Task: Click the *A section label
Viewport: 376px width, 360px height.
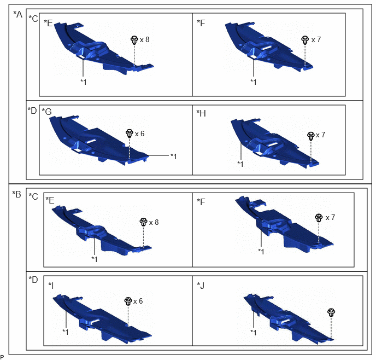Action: [x=17, y=14]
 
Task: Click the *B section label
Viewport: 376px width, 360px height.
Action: [x=17, y=194]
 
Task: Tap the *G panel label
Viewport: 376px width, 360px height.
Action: [x=46, y=112]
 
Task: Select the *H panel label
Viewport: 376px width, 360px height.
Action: [x=201, y=113]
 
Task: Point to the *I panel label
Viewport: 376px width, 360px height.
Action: [x=51, y=286]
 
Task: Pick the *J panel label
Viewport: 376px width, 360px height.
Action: [x=201, y=286]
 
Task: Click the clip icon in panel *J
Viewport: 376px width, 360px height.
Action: [x=331, y=312]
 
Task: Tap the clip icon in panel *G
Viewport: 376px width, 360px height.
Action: [x=130, y=133]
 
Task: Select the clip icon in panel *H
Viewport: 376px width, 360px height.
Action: [x=311, y=136]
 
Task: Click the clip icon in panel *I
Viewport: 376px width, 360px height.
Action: [x=128, y=301]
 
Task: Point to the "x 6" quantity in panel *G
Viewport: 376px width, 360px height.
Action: [x=139, y=133]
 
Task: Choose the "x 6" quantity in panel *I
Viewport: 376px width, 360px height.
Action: [x=138, y=301]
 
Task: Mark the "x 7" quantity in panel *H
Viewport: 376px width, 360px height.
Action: [x=321, y=135]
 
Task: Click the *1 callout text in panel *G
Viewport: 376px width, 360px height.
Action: [x=174, y=156]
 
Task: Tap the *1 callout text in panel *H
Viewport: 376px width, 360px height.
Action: [x=240, y=164]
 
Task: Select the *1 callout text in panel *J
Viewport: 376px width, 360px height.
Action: [x=254, y=333]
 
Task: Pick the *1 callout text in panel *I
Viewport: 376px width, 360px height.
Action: [x=66, y=332]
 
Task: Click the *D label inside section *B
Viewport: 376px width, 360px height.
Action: [x=33, y=280]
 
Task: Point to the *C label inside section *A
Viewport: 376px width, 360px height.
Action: [x=33, y=19]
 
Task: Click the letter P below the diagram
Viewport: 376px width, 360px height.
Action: [x=2, y=357]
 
